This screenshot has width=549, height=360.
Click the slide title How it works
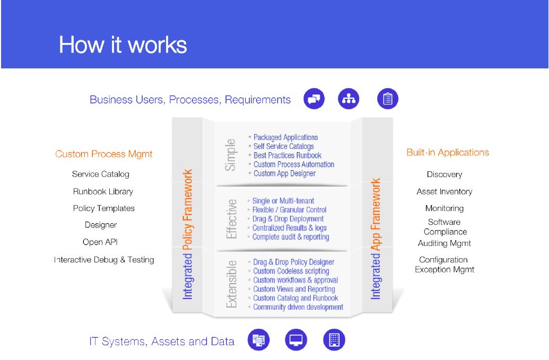[123, 45]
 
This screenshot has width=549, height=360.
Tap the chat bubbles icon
[314, 99]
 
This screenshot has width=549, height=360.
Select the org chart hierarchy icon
[348, 99]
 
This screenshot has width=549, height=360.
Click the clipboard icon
[388, 99]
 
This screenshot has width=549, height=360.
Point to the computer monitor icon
[296, 340]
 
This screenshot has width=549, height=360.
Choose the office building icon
[334, 340]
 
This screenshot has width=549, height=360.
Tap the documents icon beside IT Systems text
[259, 340]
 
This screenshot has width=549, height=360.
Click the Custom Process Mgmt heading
[103, 154]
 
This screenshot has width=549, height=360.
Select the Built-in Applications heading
[448, 153]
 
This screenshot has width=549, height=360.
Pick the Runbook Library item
[103, 192]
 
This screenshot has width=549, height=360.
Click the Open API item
[100, 242]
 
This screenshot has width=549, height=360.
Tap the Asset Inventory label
[445, 192]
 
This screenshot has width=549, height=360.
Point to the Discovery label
[445, 174]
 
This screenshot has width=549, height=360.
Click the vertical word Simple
[230, 155]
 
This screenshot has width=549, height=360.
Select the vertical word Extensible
[231, 284]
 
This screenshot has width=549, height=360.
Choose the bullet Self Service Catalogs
[284, 146]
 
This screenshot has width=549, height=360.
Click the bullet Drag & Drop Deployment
[288, 218]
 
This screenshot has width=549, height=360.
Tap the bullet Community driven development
[298, 307]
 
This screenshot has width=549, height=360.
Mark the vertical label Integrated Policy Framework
[188, 234]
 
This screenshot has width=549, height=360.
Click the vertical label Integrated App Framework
[376, 239]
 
